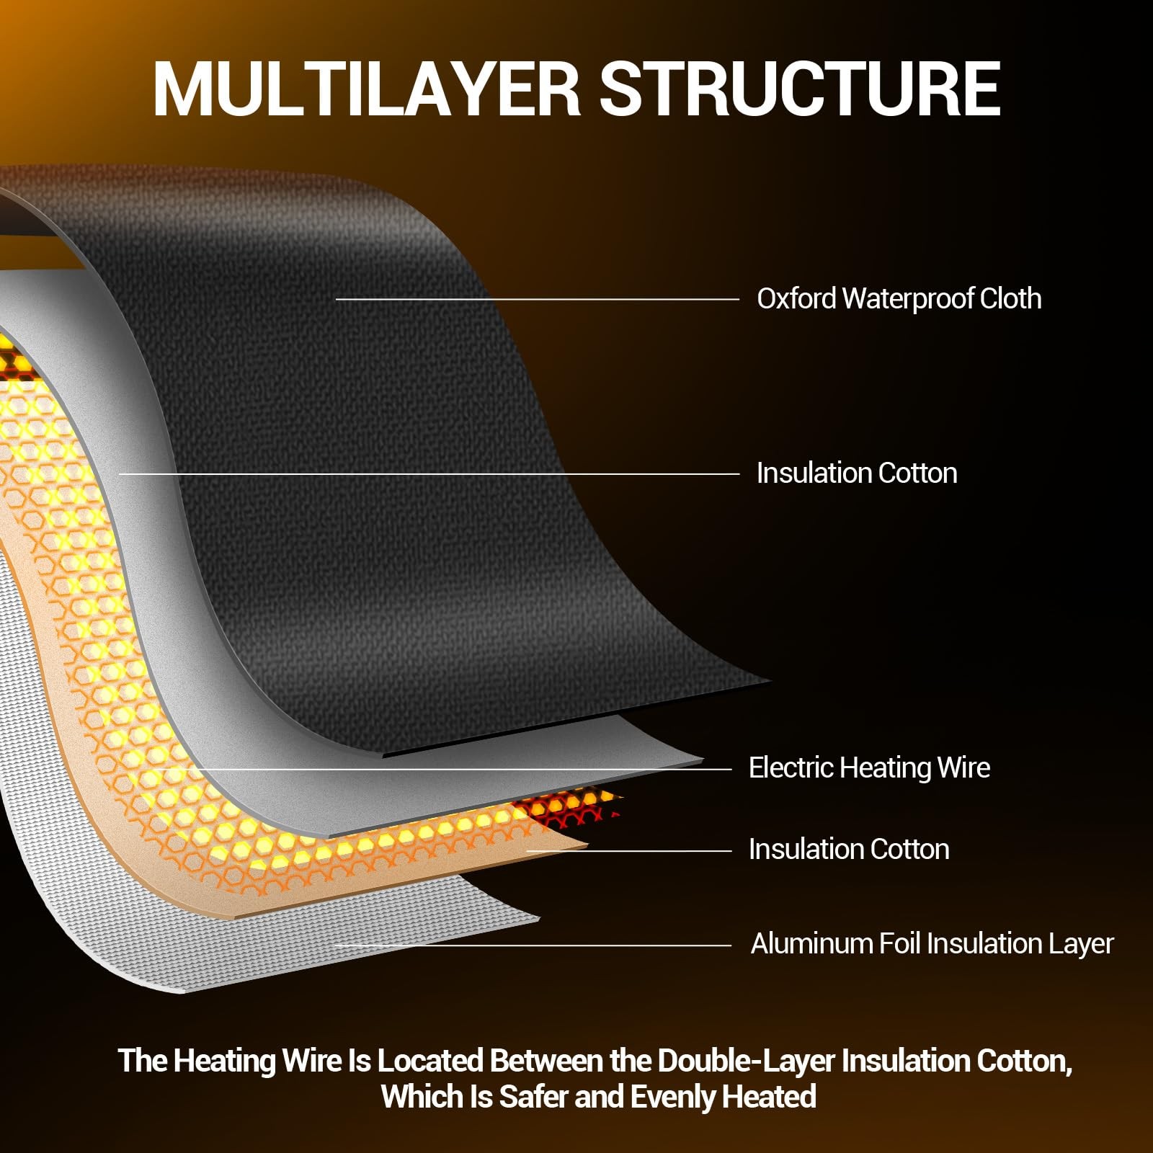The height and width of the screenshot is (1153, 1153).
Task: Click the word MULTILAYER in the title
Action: click(x=366, y=89)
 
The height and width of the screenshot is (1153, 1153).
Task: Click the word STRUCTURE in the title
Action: click(x=800, y=89)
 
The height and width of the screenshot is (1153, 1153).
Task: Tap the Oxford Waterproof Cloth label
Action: click(x=899, y=298)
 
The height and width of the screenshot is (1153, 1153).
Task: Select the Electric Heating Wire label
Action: click(x=869, y=768)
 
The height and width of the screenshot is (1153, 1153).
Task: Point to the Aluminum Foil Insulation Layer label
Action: click(x=932, y=944)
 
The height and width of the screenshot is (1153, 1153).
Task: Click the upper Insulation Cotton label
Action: click(x=857, y=473)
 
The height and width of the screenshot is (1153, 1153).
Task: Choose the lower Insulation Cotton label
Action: click(x=849, y=850)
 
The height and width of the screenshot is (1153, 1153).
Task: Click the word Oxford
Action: click(x=796, y=298)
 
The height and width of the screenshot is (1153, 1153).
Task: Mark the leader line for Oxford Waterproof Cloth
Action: click(x=538, y=299)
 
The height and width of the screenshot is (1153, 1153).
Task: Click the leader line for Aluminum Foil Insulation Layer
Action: click(x=533, y=945)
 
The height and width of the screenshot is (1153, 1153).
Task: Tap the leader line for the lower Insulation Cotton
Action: click(x=629, y=851)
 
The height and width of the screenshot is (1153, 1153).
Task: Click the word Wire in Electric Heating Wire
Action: click(x=963, y=767)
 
